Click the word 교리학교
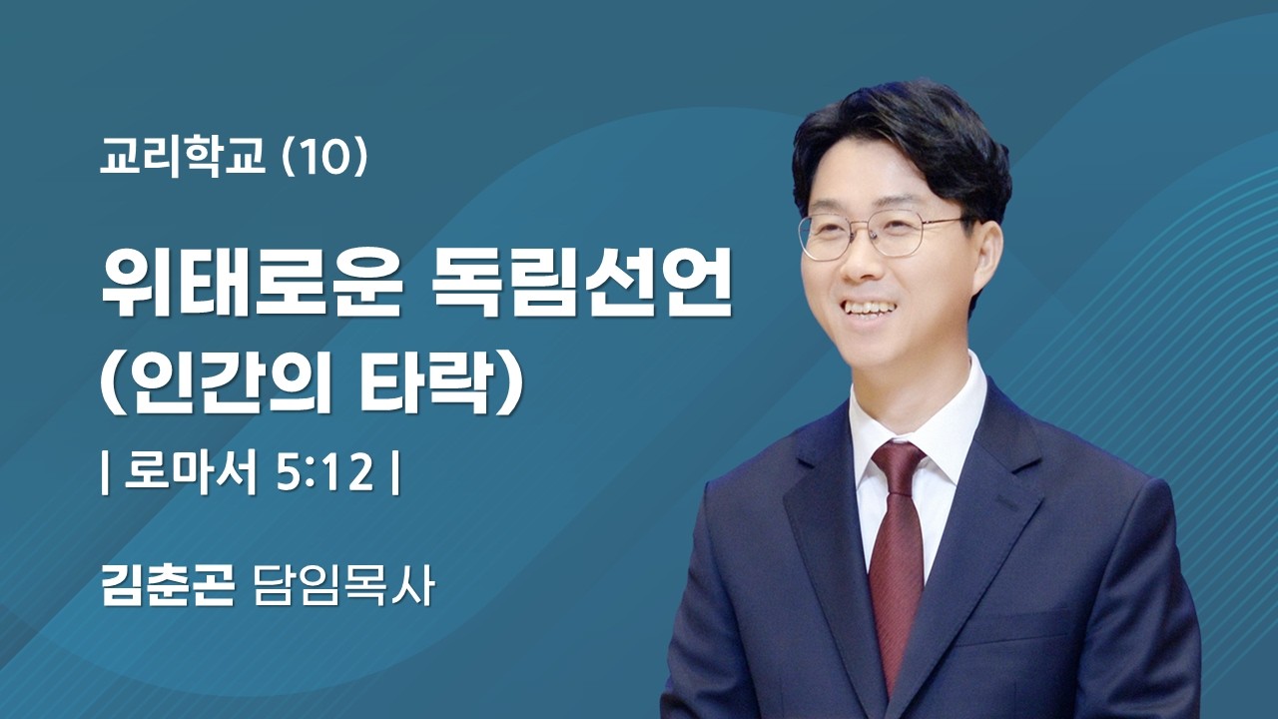(183, 159)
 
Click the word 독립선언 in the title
(585, 287)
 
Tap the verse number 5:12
(322, 475)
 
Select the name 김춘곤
(168, 587)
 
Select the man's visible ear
(984, 256)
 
